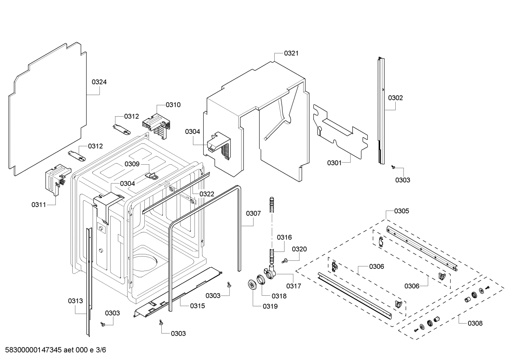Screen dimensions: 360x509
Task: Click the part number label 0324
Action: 99,82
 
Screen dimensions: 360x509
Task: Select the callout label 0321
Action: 291,53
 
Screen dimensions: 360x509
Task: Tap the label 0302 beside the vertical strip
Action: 395,98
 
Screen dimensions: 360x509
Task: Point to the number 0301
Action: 334,163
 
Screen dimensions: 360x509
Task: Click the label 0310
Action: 173,105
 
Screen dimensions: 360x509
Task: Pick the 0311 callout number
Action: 38,205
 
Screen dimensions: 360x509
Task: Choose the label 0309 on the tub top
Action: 132,164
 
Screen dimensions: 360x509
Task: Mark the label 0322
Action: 207,194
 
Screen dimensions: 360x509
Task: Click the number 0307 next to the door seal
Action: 253,213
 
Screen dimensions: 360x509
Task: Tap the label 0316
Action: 284,237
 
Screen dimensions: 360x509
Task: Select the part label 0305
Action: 402,211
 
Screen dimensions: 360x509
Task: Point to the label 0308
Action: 475,323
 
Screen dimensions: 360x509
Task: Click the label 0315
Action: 197,306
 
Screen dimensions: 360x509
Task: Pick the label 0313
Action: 75,301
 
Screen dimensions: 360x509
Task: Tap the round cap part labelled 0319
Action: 252,284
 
